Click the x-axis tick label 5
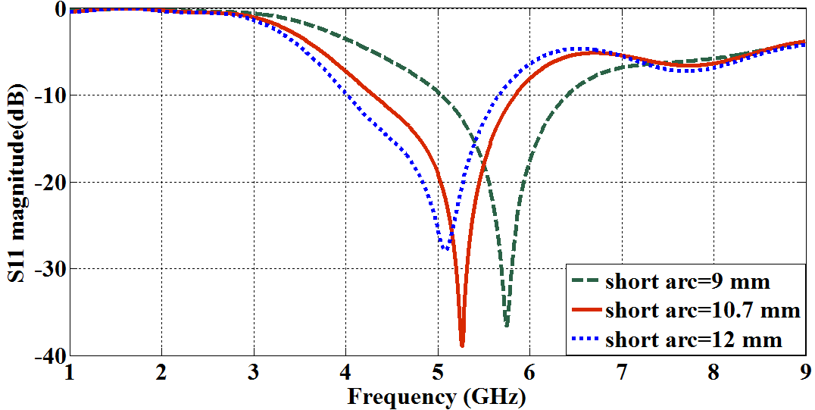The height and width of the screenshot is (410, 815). tap(437, 373)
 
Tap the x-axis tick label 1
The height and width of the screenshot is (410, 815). tap(70, 373)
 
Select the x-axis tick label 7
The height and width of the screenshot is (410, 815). tap(621, 373)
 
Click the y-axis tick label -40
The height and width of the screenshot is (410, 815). tap(47, 355)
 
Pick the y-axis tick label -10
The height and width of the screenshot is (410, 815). tap(47, 95)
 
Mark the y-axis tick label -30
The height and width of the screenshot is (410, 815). tap(47, 268)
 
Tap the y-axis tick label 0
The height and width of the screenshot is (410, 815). tap(58, 8)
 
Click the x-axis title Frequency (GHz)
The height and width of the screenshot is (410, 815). tap(436, 396)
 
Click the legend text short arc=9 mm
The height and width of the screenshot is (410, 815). tap(687, 283)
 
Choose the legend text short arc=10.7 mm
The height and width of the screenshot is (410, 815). tap(702, 311)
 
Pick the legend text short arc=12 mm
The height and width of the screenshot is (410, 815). tap(693, 340)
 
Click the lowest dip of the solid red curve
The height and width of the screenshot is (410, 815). tap(462, 345)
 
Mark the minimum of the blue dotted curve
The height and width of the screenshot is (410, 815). tap(446, 249)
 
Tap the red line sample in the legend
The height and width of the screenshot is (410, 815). tap(585, 311)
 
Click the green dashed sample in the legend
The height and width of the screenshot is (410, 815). tap(585, 283)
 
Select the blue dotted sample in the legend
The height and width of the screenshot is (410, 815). tap(585, 339)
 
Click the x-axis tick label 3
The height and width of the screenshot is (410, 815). tap(254, 373)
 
